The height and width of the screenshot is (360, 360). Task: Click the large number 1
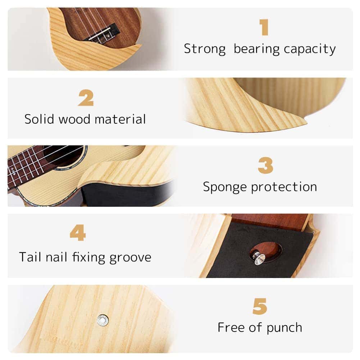pyautogui.click(x=264, y=27)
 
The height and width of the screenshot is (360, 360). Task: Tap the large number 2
pyautogui.click(x=86, y=97)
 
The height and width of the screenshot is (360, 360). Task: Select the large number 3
pyautogui.click(x=265, y=166)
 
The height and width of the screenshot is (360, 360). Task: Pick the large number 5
pyautogui.click(x=260, y=306)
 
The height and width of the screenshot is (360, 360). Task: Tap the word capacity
pyautogui.click(x=310, y=49)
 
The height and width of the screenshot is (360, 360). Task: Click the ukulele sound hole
pyautogui.click(x=65, y=155)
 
